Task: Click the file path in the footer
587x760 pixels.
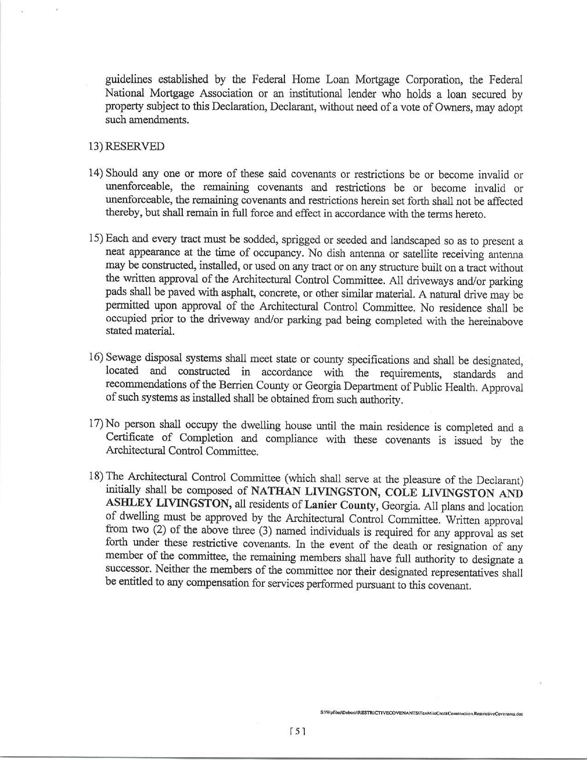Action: (422, 713)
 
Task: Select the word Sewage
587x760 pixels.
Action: (123, 358)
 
